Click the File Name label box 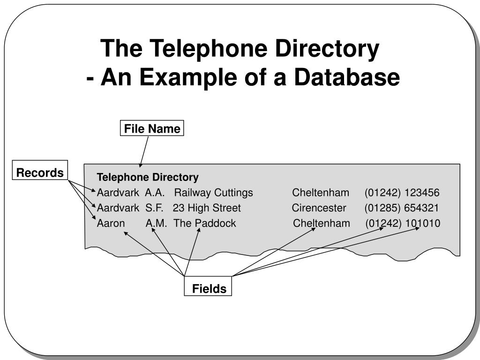click(x=152, y=129)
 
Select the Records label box click(x=40, y=172)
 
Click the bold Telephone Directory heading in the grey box click(x=148, y=177)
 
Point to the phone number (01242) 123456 click(x=402, y=193)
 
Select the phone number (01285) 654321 click(x=402, y=208)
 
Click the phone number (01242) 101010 click(x=403, y=223)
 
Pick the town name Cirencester click(x=319, y=208)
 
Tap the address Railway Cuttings click(x=213, y=193)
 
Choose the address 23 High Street click(x=206, y=208)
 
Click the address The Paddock click(x=205, y=223)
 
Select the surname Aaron click(x=111, y=223)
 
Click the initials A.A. click(x=154, y=193)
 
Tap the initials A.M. click(x=156, y=223)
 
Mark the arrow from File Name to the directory click(x=144, y=151)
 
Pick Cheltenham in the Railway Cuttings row click(x=321, y=193)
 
